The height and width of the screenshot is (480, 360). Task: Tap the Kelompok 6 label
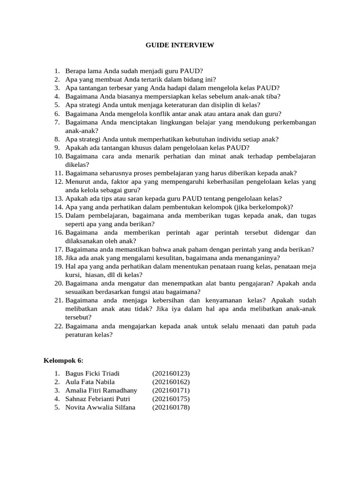point(63,360)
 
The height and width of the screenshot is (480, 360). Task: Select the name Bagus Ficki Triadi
point(93,374)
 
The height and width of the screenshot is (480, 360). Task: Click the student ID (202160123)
point(171,374)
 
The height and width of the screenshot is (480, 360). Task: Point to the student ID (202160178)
point(171,407)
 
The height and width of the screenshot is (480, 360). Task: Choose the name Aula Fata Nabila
point(90,382)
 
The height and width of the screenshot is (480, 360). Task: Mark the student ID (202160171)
point(171,390)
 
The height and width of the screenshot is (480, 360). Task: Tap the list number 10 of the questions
point(58,156)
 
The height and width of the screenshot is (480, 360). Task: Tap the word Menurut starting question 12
point(78,181)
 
